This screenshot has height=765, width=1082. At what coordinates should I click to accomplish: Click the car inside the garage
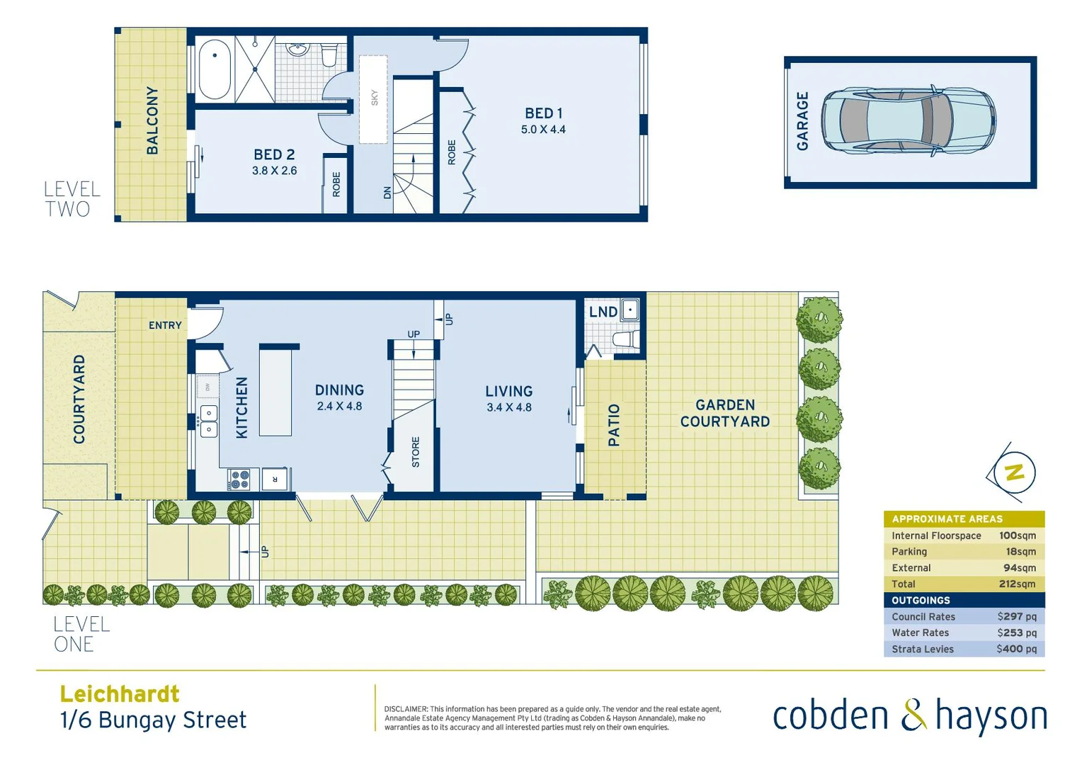[x=909, y=121]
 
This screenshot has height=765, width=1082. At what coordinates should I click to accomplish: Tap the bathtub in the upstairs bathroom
[x=215, y=69]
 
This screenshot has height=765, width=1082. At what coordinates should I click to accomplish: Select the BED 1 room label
[x=543, y=113]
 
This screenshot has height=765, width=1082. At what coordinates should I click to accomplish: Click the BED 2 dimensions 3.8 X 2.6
[x=274, y=171]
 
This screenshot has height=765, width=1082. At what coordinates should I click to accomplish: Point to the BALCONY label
[x=152, y=120]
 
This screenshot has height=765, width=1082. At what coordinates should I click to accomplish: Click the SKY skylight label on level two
[x=375, y=98]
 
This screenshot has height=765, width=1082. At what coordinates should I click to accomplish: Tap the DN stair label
[x=387, y=192]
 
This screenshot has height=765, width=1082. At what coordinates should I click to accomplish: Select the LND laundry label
[x=603, y=312]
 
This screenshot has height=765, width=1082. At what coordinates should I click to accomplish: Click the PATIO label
[x=614, y=425]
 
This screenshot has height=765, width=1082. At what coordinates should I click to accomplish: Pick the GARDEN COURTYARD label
[x=725, y=413]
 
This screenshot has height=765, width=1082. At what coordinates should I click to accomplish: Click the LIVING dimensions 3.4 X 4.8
[x=508, y=407]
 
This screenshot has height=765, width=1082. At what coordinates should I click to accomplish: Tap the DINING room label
[x=339, y=390]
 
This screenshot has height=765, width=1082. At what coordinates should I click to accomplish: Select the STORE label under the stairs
[x=416, y=452]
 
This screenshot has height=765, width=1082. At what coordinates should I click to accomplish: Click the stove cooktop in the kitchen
[x=239, y=480]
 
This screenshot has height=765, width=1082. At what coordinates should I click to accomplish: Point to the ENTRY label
[x=165, y=325]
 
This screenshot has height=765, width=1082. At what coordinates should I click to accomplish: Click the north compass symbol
[x=1014, y=472]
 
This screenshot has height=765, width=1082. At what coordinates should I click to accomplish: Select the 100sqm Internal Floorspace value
[x=1017, y=536]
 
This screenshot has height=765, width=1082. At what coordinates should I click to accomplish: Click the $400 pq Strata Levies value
[x=1016, y=649]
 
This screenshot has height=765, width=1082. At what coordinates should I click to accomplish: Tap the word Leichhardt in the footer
[x=120, y=693]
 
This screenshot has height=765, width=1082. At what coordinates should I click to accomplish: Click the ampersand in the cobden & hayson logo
[x=913, y=715]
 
